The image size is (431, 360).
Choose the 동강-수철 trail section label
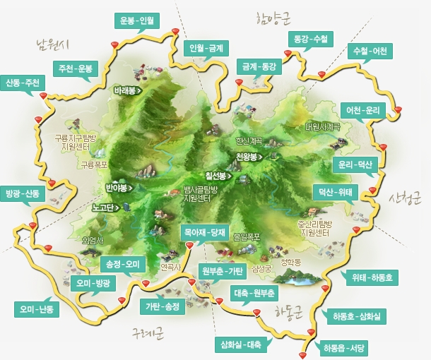pyautogui.click(x=310, y=39)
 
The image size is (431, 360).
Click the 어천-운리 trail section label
pyautogui.click(x=363, y=111)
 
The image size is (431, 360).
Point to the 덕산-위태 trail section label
pyautogui.click(x=336, y=191)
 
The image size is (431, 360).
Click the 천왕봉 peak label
pyautogui.click(x=250, y=156)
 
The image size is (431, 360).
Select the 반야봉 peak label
pyautogui.click(x=118, y=188)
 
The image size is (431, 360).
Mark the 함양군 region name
pyautogui.click(x=275, y=16)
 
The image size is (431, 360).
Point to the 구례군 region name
pyautogui.click(x=148, y=332)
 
